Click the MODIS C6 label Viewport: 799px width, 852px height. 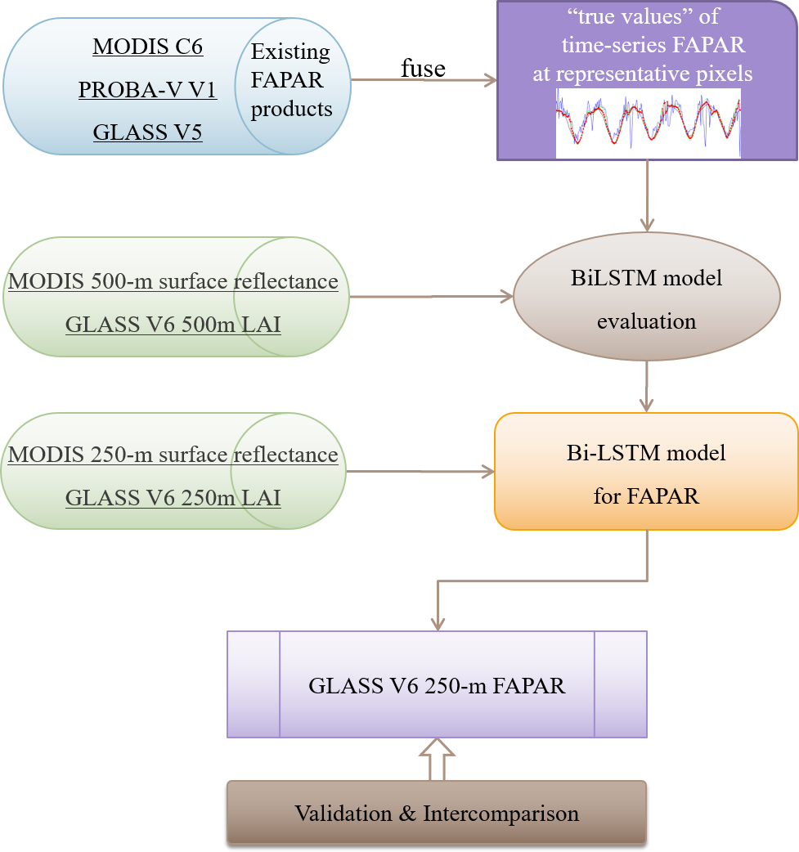pos(148,47)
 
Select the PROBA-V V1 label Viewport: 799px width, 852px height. pos(147,89)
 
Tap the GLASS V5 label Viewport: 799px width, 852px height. pos(147,132)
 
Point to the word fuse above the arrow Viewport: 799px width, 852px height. pos(423,69)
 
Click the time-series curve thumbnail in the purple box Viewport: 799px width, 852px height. pos(648,123)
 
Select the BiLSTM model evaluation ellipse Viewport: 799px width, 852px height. pos(646,298)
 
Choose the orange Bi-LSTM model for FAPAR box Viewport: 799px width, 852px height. pos(646,473)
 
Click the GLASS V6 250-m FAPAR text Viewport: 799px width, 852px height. pos(437,685)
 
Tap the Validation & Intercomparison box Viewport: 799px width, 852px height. pos(437,814)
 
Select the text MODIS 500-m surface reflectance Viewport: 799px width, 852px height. pos(173,282)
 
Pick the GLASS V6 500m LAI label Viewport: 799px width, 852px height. pos(173,325)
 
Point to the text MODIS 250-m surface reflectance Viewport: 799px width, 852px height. pos(173,455)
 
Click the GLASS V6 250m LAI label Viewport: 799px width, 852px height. pos(173,498)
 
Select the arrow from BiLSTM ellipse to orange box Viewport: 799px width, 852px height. pos(647,386)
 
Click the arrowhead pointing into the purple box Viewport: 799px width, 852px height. pos(491,80)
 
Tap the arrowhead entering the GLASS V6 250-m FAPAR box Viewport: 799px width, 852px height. pos(438,624)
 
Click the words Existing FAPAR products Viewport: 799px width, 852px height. pos(291,80)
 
